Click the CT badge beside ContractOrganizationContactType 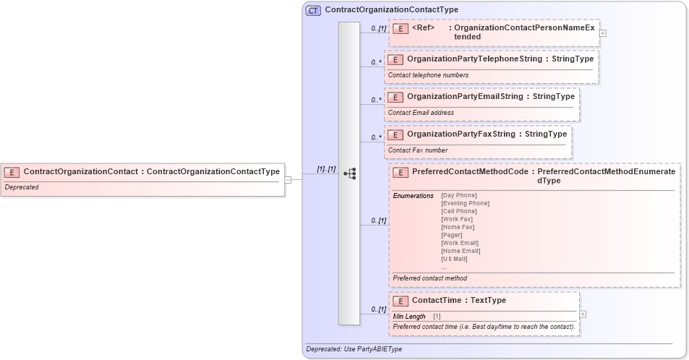313,10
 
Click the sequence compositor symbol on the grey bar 349,173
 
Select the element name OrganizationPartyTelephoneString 474,59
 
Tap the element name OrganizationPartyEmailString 465,96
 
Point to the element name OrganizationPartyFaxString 461,134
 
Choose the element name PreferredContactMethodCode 470,171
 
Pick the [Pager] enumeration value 452,235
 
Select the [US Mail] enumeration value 454,259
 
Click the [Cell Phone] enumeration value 459,211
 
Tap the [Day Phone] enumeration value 458,195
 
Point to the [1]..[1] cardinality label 326,169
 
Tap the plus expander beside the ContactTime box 583,314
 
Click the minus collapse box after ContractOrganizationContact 288,180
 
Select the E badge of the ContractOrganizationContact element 12,172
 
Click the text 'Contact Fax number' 418,150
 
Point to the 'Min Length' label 409,316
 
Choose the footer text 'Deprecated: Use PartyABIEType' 354,349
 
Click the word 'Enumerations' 413,195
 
